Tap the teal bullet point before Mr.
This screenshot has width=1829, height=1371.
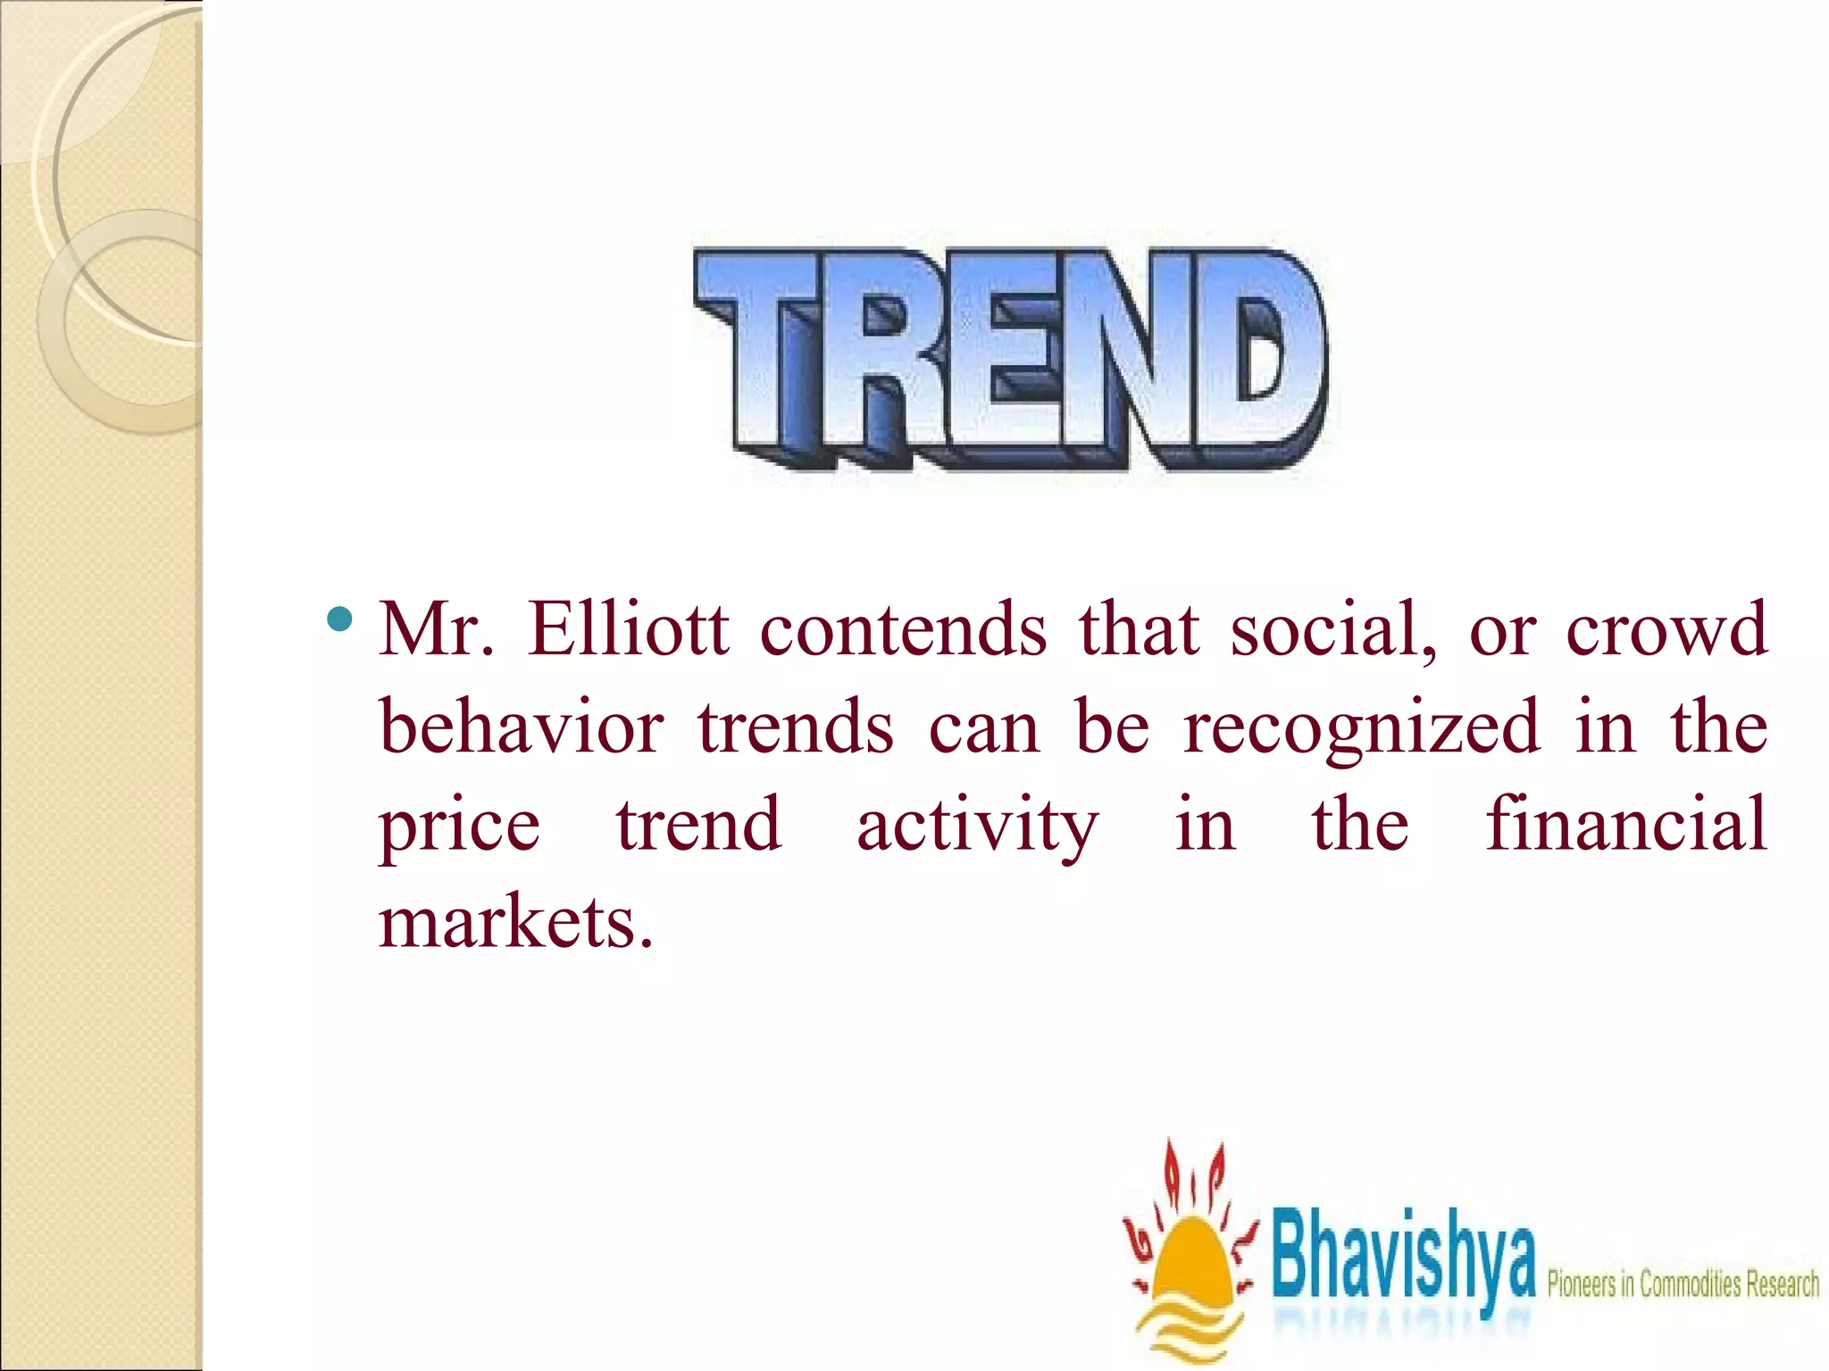[x=340, y=618]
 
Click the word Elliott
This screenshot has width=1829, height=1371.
[x=628, y=630]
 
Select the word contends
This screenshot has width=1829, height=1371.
[x=903, y=630]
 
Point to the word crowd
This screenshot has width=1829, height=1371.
[x=1666, y=630]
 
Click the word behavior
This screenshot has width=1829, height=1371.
[x=522, y=727]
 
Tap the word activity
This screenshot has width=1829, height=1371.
[x=978, y=827]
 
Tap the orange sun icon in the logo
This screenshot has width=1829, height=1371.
[x=1188, y=1267]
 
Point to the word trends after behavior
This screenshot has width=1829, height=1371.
[x=796, y=727]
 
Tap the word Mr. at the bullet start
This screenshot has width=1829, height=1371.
[x=437, y=630]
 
